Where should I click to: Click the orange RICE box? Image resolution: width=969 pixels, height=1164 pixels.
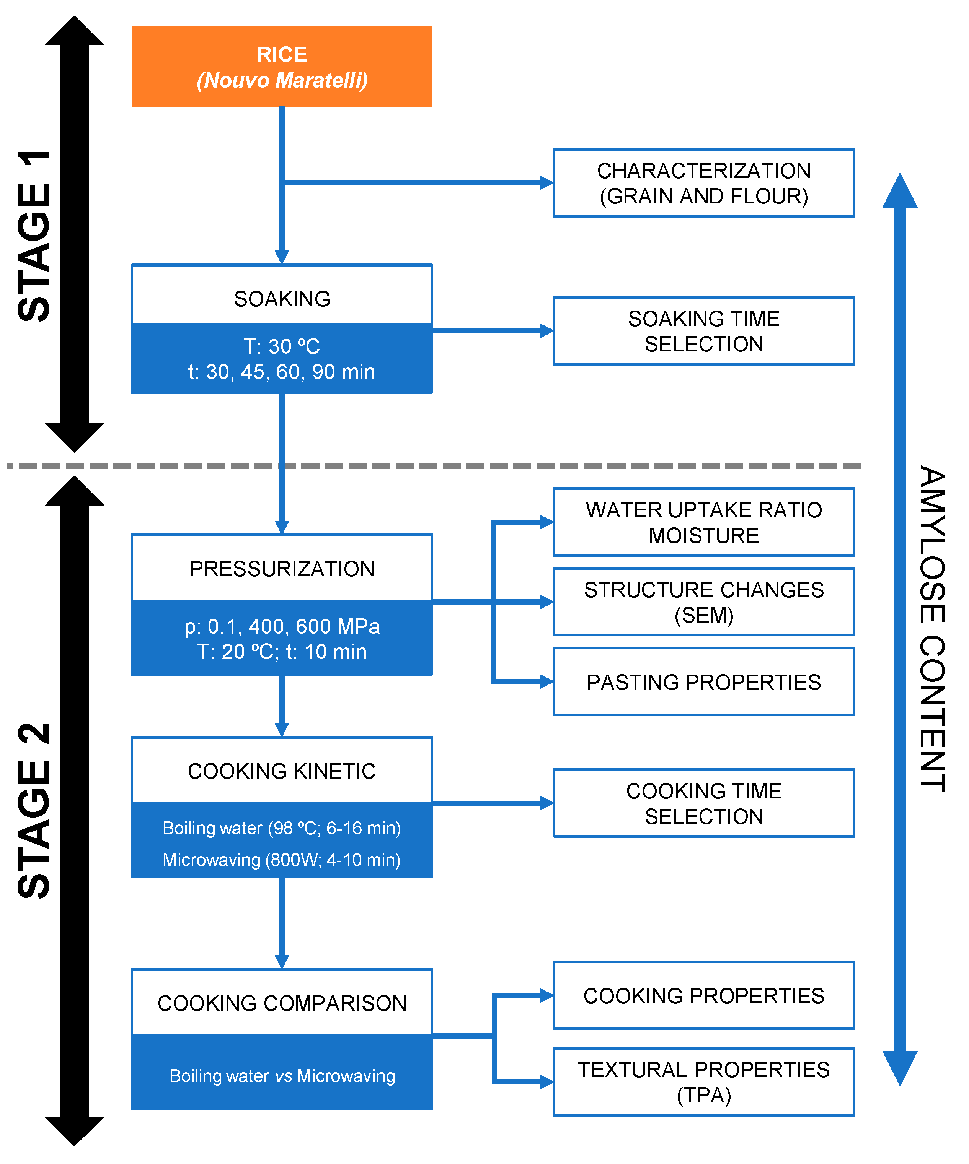(x=281, y=67)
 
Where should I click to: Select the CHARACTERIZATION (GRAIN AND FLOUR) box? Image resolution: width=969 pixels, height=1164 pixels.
(x=703, y=183)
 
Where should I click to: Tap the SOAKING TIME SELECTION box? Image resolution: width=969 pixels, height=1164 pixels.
(x=703, y=331)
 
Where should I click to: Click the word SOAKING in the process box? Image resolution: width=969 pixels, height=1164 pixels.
(x=282, y=299)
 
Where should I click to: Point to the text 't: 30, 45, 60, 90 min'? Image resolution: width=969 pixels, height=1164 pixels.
(x=281, y=372)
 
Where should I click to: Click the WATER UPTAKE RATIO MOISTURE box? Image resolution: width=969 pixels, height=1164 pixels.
(x=703, y=522)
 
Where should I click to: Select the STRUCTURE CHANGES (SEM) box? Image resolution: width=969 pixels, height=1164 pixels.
(x=703, y=602)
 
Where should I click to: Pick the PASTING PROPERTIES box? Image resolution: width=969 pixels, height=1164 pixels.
(x=703, y=682)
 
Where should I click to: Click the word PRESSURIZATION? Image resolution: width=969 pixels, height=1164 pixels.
(x=282, y=569)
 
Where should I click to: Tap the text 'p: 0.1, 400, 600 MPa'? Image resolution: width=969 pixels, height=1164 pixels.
(x=282, y=626)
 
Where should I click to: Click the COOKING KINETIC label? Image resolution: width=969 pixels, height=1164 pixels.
(x=282, y=771)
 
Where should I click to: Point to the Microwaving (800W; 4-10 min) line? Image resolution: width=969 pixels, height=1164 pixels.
(x=281, y=860)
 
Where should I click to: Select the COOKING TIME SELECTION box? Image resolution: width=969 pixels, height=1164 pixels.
(x=703, y=803)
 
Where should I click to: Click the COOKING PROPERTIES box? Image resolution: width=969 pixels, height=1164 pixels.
(x=703, y=995)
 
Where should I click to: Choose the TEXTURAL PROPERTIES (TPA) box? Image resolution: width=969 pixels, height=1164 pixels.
(x=703, y=1082)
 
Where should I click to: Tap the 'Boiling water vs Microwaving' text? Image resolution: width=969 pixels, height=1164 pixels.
(x=282, y=1076)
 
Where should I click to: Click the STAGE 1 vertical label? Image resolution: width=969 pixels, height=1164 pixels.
(x=34, y=236)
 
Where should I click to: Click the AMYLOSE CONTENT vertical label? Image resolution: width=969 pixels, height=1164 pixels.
(x=932, y=629)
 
